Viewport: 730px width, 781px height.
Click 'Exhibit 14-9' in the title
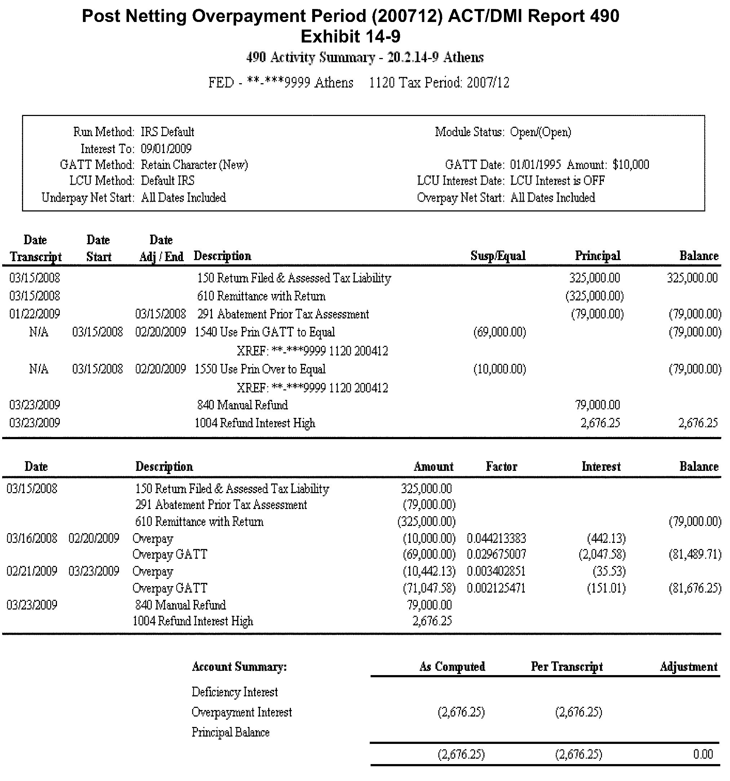pos(350,36)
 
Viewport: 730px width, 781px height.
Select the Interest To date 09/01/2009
pos(166,148)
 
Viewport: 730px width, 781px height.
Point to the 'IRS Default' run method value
pos(168,132)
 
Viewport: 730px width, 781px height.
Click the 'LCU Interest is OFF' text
pos(557,181)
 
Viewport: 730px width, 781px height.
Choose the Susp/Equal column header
pos(498,256)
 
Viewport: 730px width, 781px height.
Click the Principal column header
pos(598,256)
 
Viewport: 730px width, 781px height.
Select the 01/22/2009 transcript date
pos(35,314)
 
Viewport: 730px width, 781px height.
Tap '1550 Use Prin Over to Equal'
pos(260,369)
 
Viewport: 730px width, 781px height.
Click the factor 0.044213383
pos(496,538)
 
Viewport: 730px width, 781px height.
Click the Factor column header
pos(501,466)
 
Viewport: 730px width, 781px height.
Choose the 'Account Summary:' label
pos(239,667)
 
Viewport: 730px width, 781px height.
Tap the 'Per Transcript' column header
pos(566,667)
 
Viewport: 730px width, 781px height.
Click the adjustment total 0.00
pos(703,754)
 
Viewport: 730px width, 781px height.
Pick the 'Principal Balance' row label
pos(230,732)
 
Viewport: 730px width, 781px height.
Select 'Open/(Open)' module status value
pos(540,132)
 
